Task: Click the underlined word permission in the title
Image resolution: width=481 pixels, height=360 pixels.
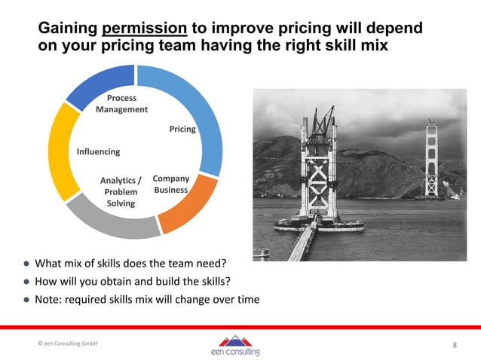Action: (x=144, y=29)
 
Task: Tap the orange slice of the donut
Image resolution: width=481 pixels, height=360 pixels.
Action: (x=186, y=206)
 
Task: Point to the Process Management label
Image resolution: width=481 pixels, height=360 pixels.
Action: (x=121, y=104)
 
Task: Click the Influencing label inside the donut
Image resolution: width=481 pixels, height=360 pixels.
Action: (x=98, y=151)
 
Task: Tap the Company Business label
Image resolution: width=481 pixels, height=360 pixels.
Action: (x=171, y=185)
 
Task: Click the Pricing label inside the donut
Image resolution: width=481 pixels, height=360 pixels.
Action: (x=182, y=129)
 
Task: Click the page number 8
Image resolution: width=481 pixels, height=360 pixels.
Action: (x=455, y=345)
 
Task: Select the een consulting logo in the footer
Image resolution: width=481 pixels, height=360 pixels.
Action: (x=236, y=346)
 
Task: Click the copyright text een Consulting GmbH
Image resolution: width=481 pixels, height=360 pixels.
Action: (x=68, y=343)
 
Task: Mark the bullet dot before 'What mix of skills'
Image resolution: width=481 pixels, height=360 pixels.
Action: (x=26, y=264)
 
